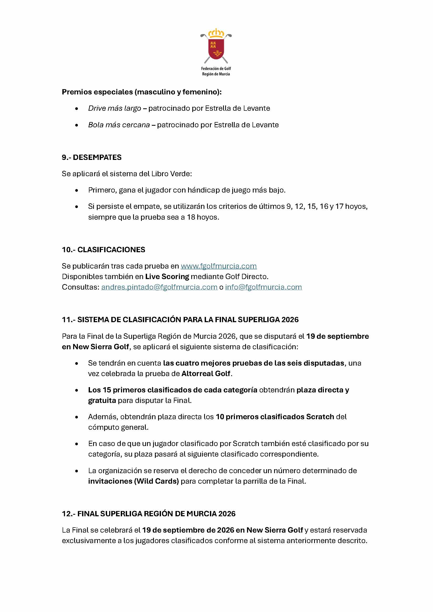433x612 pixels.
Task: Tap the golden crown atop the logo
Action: [216, 33]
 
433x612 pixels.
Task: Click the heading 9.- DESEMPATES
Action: [92, 157]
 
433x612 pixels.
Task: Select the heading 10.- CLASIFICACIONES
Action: [103, 250]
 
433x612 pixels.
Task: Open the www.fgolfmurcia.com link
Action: [219, 266]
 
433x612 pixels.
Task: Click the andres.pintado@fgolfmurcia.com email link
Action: [159, 287]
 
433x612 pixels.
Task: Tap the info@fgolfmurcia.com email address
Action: [263, 287]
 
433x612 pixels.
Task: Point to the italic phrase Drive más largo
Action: [114, 108]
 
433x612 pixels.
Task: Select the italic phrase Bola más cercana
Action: [119, 125]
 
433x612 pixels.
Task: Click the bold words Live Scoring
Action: [167, 276]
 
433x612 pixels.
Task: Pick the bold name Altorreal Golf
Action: [206, 373]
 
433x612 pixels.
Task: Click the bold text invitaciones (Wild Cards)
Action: [133, 481]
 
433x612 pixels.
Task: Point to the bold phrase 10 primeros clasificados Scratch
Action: [275, 417]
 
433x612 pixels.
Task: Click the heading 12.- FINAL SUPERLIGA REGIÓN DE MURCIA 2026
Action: [149, 514]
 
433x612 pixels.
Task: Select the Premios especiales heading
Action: [142, 92]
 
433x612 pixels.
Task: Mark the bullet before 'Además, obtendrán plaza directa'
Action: [77, 417]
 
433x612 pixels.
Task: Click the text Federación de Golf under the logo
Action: [216, 68]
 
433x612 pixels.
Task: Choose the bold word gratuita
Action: [102, 400]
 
